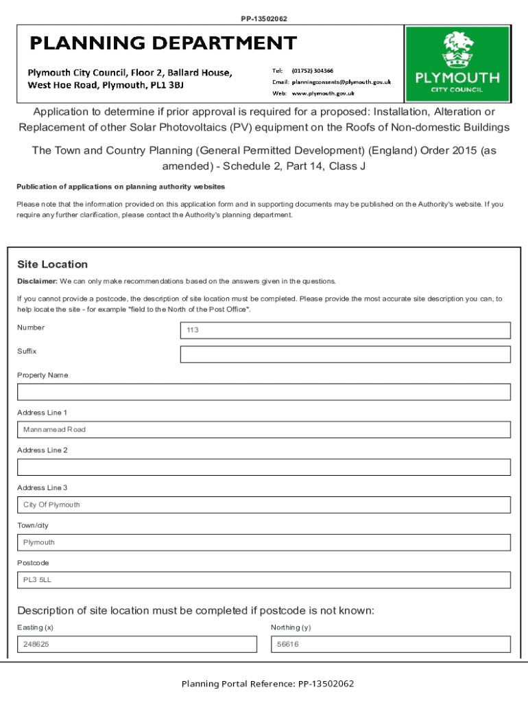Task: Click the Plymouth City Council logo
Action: pyautogui.click(x=457, y=64)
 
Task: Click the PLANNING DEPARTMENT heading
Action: pyautogui.click(x=163, y=44)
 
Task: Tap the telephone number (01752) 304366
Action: pyautogui.click(x=313, y=71)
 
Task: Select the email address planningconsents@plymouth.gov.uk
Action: pyautogui.click(x=341, y=82)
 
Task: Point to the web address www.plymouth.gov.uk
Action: pyautogui.click(x=323, y=93)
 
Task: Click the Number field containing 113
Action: pyautogui.click(x=345, y=330)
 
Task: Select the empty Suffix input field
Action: pyautogui.click(x=345, y=354)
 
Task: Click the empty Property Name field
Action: pyautogui.click(x=264, y=392)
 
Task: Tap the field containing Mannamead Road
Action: pyautogui.click(x=264, y=430)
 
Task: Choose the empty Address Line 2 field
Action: pyautogui.click(x=264, y=468)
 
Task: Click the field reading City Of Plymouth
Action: pyautogui.click(x=264, y=505)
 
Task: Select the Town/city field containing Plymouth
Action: pyautogui.click(x=264, y=542)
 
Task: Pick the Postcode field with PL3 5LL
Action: pyautogui.click(x=264, y=580)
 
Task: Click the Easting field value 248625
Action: pyautogui.click(x=137, y=645)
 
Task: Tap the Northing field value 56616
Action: pyautogui.click(x=391, y=645)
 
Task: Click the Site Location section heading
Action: pyautogui.click(x=52, y=264)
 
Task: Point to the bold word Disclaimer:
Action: pyautogui.click(x=37, y=281)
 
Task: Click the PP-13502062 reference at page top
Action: pyautogui.click(x=264, y=19)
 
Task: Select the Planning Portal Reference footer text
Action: pyautogui.click(x=267, y=684)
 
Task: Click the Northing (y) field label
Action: pyautogui.click(x=291, y=627)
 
